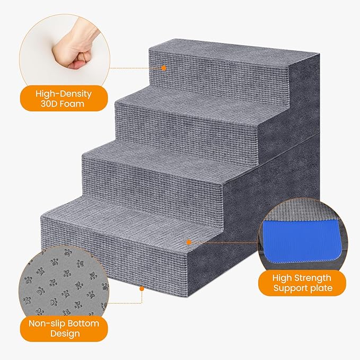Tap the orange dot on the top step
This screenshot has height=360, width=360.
click(164, 68)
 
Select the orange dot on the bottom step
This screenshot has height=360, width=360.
click(188, 241)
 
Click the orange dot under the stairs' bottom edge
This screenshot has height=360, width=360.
click(142, 289)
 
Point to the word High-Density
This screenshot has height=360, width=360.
click(63, 93)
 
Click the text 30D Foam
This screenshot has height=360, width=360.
click(63, 104)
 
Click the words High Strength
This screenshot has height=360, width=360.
click(302, 278)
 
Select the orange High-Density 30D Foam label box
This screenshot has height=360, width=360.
click(63, 99)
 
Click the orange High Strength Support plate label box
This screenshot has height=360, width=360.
click(302, 283)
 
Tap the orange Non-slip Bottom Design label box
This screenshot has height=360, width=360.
click(63, 328)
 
